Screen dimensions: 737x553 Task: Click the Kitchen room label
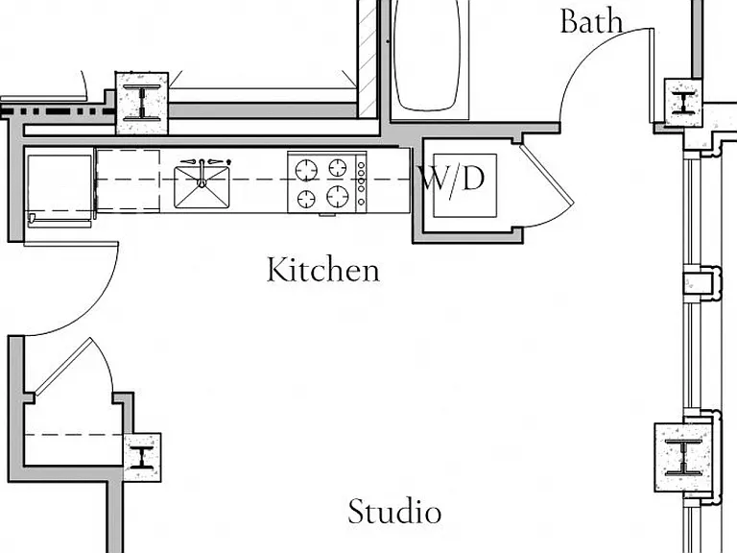[x=323, y=270]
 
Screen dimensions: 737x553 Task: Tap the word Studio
[x=394, y=511]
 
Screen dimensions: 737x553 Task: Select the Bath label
[x=592, y=21]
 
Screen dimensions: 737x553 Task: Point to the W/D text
[x=451, y=180]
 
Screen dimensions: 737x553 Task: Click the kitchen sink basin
[x=202, y=186]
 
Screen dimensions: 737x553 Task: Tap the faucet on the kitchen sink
[x=202, y=173]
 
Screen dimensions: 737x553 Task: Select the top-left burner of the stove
[x=306, y=170]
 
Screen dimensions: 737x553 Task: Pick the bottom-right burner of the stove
[x=338, y=196]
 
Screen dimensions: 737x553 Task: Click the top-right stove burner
[x=338, y=168]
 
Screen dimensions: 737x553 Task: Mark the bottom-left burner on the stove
[x=306, y=199]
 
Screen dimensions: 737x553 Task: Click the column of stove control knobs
[x=361, y=183]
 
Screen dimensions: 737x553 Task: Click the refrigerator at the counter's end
[x=59, y=188]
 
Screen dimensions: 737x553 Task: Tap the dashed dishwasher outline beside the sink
[x=129, y=180]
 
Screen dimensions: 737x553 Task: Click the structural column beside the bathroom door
[x=683, y=103]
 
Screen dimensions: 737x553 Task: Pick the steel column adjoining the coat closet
[x=142, y=457]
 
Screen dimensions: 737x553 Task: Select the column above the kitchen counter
[x=142, y=103]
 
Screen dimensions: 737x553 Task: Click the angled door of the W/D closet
[x=547, y=175]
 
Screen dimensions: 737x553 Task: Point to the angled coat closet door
[x=63, y=366]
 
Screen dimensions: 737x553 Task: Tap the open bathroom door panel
[x=651, y=75]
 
